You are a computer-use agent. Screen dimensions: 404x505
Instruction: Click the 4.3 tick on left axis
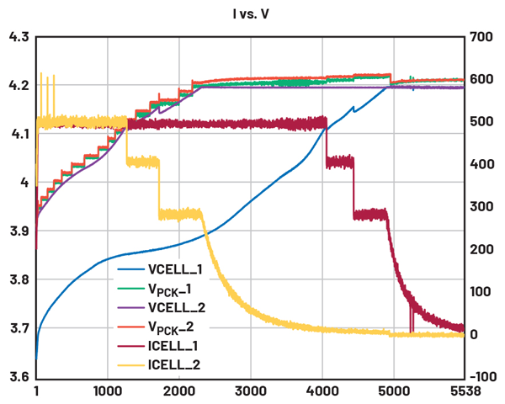(18, 37)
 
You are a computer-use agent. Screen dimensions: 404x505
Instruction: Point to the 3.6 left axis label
(18, 377)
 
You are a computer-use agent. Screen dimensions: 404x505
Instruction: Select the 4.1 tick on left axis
(18, 134)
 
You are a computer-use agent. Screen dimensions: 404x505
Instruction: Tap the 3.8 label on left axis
(18, 279)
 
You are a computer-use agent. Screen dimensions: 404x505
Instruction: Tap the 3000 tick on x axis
(251, 392)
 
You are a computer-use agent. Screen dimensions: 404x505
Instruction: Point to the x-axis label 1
(36, 392)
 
